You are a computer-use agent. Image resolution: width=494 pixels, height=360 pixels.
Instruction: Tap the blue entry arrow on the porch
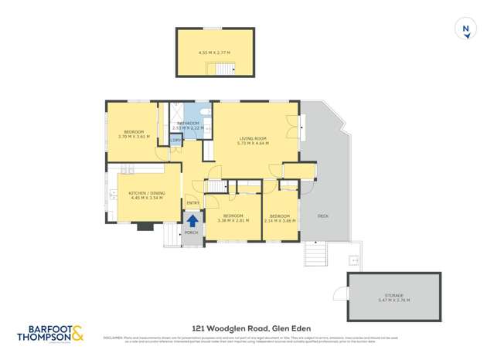tap(192, 220)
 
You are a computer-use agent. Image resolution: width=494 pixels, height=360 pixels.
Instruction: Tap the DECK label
tap(322, 216)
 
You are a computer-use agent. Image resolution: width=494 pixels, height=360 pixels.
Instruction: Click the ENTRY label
tap(192, 203)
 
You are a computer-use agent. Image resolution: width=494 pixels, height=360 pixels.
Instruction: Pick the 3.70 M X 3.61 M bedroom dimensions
tap(133, 137)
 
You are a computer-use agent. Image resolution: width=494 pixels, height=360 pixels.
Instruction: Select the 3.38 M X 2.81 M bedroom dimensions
tap(233, 220)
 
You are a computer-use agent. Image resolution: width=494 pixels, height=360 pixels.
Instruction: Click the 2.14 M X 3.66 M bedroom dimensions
tap(279, 220)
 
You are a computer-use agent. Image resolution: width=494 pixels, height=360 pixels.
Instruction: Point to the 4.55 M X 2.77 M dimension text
tap(214, 53)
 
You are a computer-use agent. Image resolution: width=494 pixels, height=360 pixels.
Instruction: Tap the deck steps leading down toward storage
tap(315, 253)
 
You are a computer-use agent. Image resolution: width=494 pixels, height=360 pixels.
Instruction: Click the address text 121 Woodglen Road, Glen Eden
tap(246, 328)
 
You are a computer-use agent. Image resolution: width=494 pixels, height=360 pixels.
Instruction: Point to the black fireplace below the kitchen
tap(145, 227)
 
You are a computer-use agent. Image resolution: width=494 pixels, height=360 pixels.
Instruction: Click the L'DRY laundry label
tap(176, 141)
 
